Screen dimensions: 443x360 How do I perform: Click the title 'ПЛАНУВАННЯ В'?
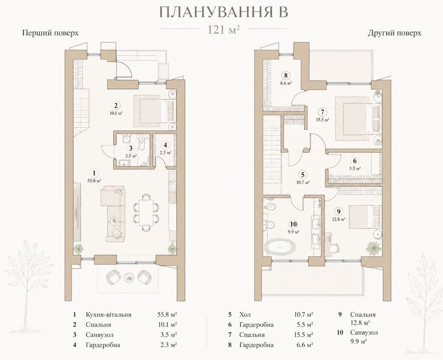pyautogui.click(x=224, y=12)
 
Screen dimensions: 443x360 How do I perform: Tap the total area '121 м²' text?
pyautogui.click(x=224, y=29)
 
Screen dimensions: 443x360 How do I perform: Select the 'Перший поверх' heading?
pyautogui.click(x=51, y=33)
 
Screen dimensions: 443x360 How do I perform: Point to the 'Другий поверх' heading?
pyautogui.click(x=394, y=33)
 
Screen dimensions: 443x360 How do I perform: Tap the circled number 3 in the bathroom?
pyautogui.click(x=131, y=148)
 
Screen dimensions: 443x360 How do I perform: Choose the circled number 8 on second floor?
pyautogui.click(x=286, y=75)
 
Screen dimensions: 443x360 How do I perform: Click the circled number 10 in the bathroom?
pyautogui.click(x=293, y=224)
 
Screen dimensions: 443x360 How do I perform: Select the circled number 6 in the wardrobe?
pyautogui.click(x=355, y=161)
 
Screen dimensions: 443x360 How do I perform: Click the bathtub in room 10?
pyautogui.click(x=280, y=247)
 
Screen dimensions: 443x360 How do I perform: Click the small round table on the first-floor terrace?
pyautogui.click(x=129, y=277)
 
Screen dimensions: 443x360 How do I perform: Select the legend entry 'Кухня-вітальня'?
pyautogui.click(x=108, y=314)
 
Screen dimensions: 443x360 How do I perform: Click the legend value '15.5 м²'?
pyautogui.click(x=304, y=335)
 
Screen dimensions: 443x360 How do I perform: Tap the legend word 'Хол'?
pyautogui.click(x=245, y=314)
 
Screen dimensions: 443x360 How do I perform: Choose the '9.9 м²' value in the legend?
pyautogui.click(x=358, y=341)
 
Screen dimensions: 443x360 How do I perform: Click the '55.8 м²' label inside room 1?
pyautogui.click(x=95, y=180)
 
